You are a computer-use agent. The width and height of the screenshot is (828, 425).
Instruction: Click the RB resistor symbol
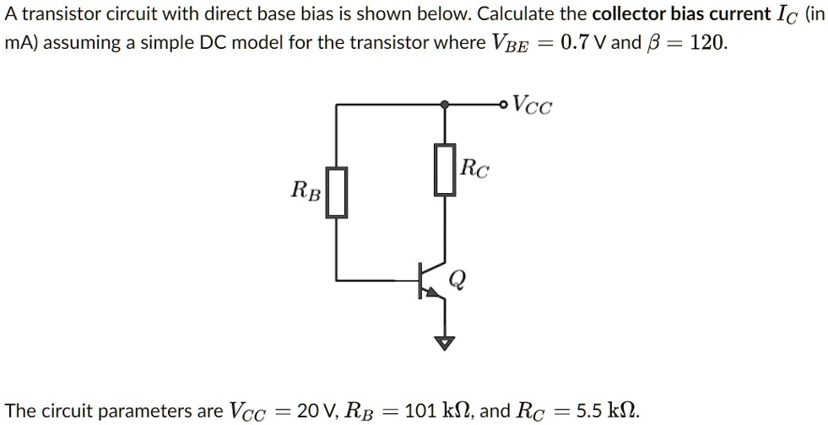click(x=338, y=192)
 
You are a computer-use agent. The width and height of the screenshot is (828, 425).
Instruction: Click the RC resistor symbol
click(x=446, y=169)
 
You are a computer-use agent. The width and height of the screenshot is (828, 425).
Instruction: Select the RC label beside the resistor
click(x=474, y=169)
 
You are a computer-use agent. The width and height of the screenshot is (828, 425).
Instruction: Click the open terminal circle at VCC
click(x=504, y=105)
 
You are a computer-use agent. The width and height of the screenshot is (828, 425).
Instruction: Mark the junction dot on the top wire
click(x=446, y=105)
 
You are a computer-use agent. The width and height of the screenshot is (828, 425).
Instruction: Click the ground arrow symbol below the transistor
click(x=446, y=342)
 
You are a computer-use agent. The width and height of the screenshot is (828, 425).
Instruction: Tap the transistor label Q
click(x=457, y=279)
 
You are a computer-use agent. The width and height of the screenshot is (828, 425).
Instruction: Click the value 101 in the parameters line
click(x=419, y=411)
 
